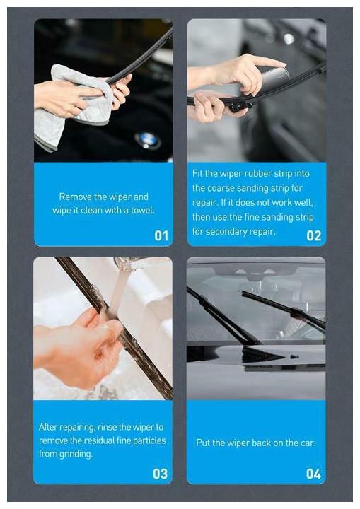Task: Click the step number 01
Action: (161, 235)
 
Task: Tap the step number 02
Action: (314, 235)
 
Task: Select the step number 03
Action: (160, 474)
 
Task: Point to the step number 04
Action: (313, 474)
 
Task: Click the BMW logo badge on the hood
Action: (148, 140)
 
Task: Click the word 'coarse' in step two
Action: (221, 188)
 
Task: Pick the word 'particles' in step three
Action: (149, 440)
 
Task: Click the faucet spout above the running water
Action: (128, 263)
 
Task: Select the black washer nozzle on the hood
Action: (295, 356)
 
